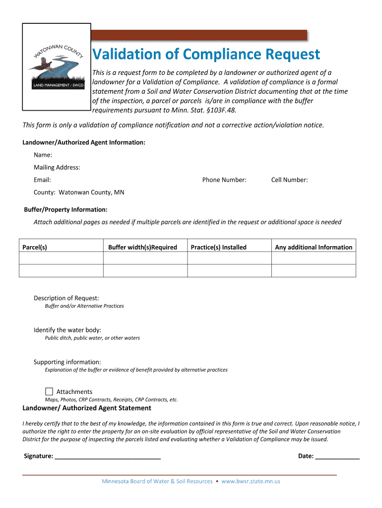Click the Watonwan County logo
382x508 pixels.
[57, 66]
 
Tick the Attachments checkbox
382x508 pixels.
[49, 391]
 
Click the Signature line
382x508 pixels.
[108, 456]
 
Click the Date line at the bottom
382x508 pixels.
[337, 456]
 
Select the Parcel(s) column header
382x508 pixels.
[35, 247]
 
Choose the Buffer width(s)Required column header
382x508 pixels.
[142, 247]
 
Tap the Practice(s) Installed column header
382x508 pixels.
[218, 247]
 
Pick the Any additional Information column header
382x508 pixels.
[314, 247]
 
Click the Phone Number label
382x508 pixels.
[224, 180]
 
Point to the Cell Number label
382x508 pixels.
[289, 180]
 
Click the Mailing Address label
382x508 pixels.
[57, 167]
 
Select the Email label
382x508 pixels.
[42, 180]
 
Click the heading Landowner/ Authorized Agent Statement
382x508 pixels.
[87, 408]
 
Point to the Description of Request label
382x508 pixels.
[66, 298]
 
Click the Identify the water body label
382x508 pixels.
[67, 330]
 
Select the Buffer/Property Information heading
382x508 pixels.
[66, 209]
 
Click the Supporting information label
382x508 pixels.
[67, 362]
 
